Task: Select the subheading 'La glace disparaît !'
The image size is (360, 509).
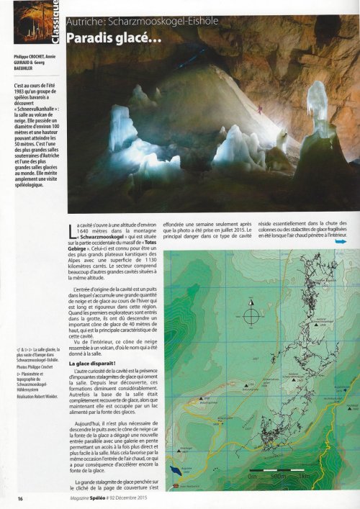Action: (104, 366)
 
